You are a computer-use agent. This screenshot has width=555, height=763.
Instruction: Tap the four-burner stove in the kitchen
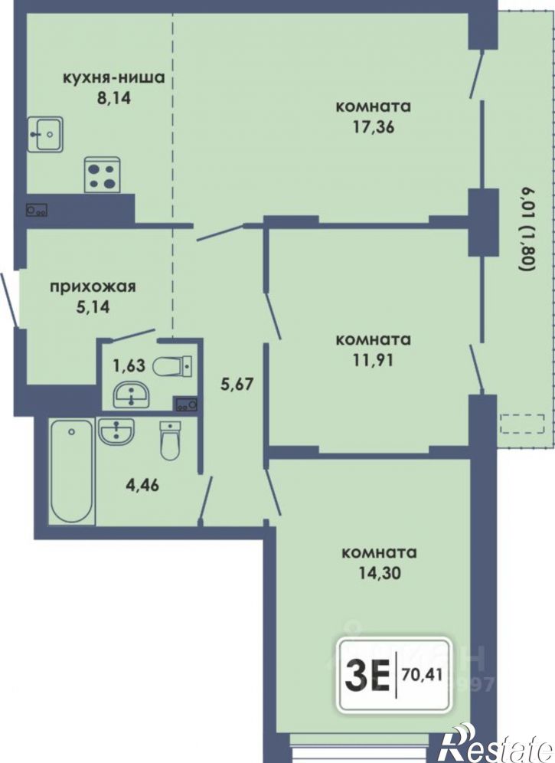(x=102, y=175)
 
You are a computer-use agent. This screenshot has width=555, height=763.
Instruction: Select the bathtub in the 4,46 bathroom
(x=72, y=472)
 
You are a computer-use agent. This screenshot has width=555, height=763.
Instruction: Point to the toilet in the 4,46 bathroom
(x=170, y=440)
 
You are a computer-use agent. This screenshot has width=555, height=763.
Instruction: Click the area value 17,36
(x=374, y=127)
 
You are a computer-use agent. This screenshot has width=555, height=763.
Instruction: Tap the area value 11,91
(x=374, y=360)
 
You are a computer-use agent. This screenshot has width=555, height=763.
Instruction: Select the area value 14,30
(x=380, y=573)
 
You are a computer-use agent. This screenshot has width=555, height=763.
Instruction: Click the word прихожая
(x=93, y=287)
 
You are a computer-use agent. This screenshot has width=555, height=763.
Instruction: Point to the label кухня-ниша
(x=114, y=78)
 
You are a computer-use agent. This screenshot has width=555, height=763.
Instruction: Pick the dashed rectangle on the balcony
(x=522, y=424)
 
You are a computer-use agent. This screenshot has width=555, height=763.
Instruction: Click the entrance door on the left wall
(x=10, y=300)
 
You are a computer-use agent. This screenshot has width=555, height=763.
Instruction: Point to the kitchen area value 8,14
(x=114, y=100)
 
